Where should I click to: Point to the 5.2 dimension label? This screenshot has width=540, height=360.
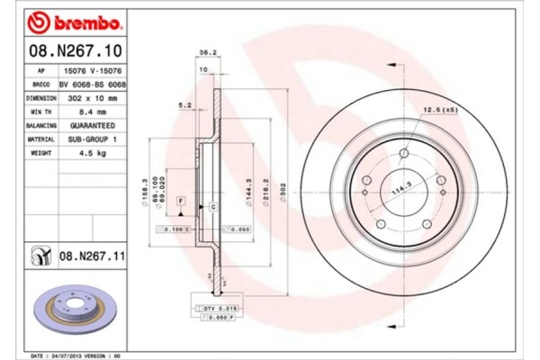pyautogui.click(x=184, y=105)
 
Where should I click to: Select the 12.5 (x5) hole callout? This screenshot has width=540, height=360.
pyautogui.click(x=436, y=110)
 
